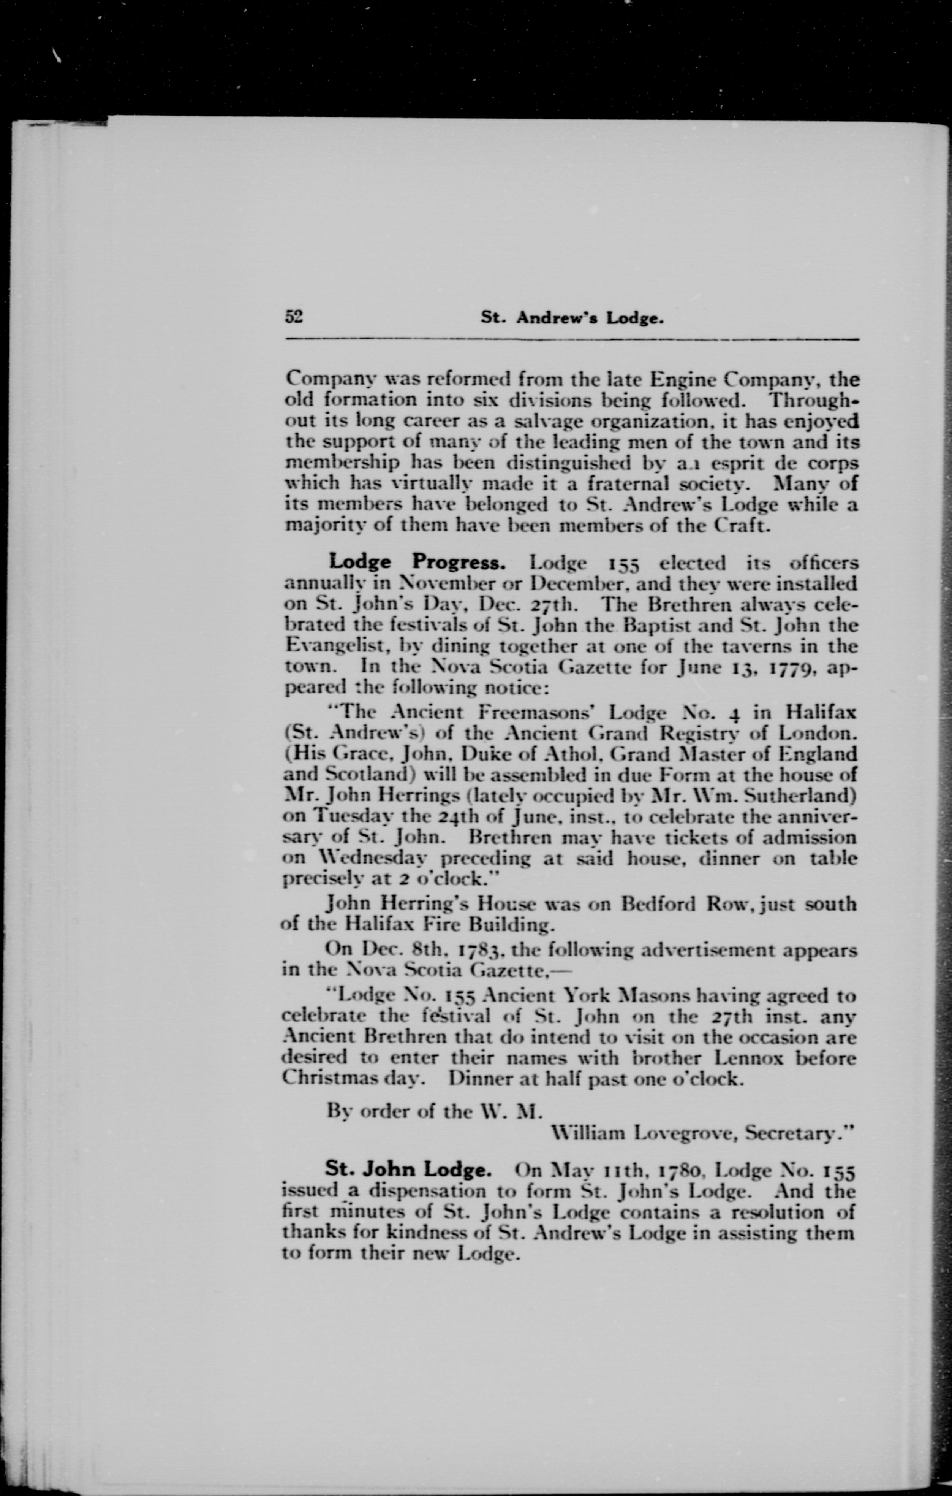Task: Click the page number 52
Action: [x=293, y=317]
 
